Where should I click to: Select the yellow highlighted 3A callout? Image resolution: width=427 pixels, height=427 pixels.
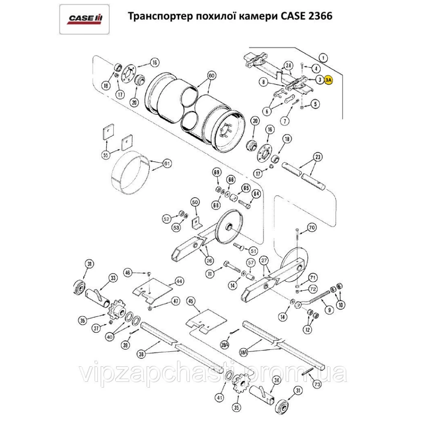(x=329, y=79)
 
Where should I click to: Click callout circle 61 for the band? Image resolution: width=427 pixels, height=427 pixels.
(x=167, y=164)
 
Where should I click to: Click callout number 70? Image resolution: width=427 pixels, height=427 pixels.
(x=311, y=228)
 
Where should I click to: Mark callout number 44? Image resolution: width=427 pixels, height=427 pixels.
(x=178, y=281)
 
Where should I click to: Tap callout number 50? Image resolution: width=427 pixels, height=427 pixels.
(x=195, y=202)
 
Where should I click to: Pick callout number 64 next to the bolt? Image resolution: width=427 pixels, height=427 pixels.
(x=256, y=194)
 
